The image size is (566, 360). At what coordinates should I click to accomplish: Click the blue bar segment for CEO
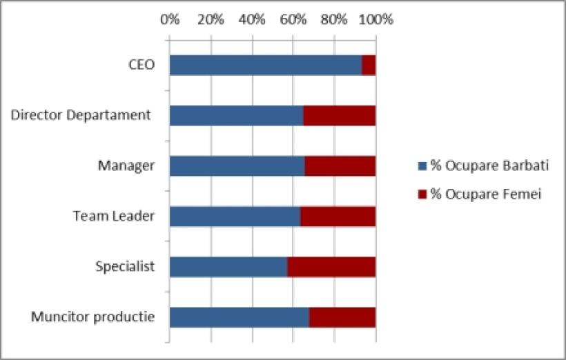(265, 65)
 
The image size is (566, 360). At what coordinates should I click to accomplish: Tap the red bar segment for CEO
(369, 65)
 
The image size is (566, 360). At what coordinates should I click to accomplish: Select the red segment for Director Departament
(340, 116)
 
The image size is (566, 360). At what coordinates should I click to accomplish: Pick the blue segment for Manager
(237, 166)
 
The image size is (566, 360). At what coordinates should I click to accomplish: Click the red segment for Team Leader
(338, 217)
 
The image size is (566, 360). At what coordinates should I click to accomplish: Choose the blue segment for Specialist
(228, 267)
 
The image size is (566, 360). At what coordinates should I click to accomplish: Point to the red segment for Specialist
(331, 267)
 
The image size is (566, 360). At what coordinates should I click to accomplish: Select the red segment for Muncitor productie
(342, 317)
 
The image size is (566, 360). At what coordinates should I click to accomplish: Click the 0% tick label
(170, 19)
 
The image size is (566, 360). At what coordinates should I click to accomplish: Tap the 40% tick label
(252, 19)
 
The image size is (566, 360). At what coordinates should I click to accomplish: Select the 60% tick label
(293, 19)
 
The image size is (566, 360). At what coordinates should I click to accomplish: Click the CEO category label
(141, 65)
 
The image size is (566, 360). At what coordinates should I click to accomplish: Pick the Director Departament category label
(81, 115)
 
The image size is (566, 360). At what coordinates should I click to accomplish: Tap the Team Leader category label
(114, 217)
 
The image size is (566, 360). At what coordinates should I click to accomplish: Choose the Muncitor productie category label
(92, 317)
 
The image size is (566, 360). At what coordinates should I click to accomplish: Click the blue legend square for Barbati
(422, 166)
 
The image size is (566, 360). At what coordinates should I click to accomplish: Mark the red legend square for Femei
(422, 194)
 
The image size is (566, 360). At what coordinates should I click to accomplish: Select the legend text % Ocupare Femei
(487, 194)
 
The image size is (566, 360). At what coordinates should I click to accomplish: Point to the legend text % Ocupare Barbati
(490, 166)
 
